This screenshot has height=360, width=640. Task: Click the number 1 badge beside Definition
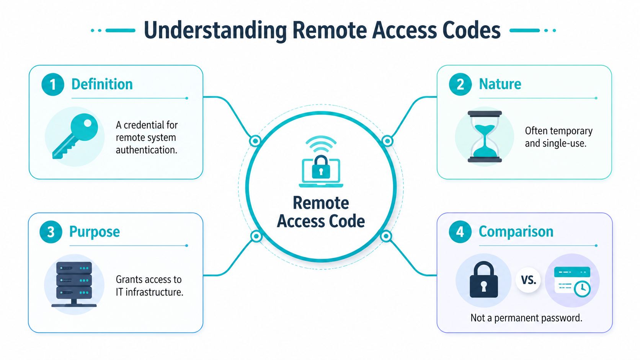pos(52,84)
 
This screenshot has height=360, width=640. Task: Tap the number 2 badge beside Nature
pos(460,84)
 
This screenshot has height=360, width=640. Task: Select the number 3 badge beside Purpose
pos(51,232)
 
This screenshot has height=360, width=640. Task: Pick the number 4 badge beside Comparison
pos(460,232)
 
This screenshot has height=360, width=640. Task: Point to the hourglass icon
pos(485,137)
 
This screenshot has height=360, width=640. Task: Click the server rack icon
pos(74,284)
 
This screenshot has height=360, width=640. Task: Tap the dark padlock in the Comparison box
pos(484,280)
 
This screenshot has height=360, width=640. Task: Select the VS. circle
pos(528,280)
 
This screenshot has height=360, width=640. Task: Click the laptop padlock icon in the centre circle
pos(321,170)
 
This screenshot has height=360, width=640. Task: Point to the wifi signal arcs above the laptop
pos(321,145)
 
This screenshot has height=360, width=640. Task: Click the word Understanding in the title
pos(215,31)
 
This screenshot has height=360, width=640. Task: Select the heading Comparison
pos(516,231)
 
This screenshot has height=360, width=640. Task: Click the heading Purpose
pos(95,232)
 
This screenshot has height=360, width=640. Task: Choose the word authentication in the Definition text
pos(147,150)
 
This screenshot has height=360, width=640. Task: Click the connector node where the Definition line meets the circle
pos(255,141)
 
